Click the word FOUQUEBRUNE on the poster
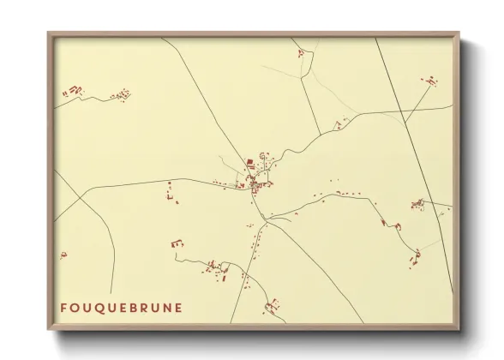pyautogui.click(x=121, y=308)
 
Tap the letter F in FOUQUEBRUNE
pyautogui.click(x=64, y=308)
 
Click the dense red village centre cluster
pyautogui.click(x=255, y=178)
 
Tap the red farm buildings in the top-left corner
pyautogui.click(x=75, y=90)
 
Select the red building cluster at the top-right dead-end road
pyautogui.click(x=429, y=81)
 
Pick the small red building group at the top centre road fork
pyautogui.click(x=301, y=53)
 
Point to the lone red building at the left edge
pyautogui.click(x=63, y=255)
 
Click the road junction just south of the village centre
pyautogui.click(x=266, y=221)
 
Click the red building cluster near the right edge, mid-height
pyautogui.click(x=418, y=204)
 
